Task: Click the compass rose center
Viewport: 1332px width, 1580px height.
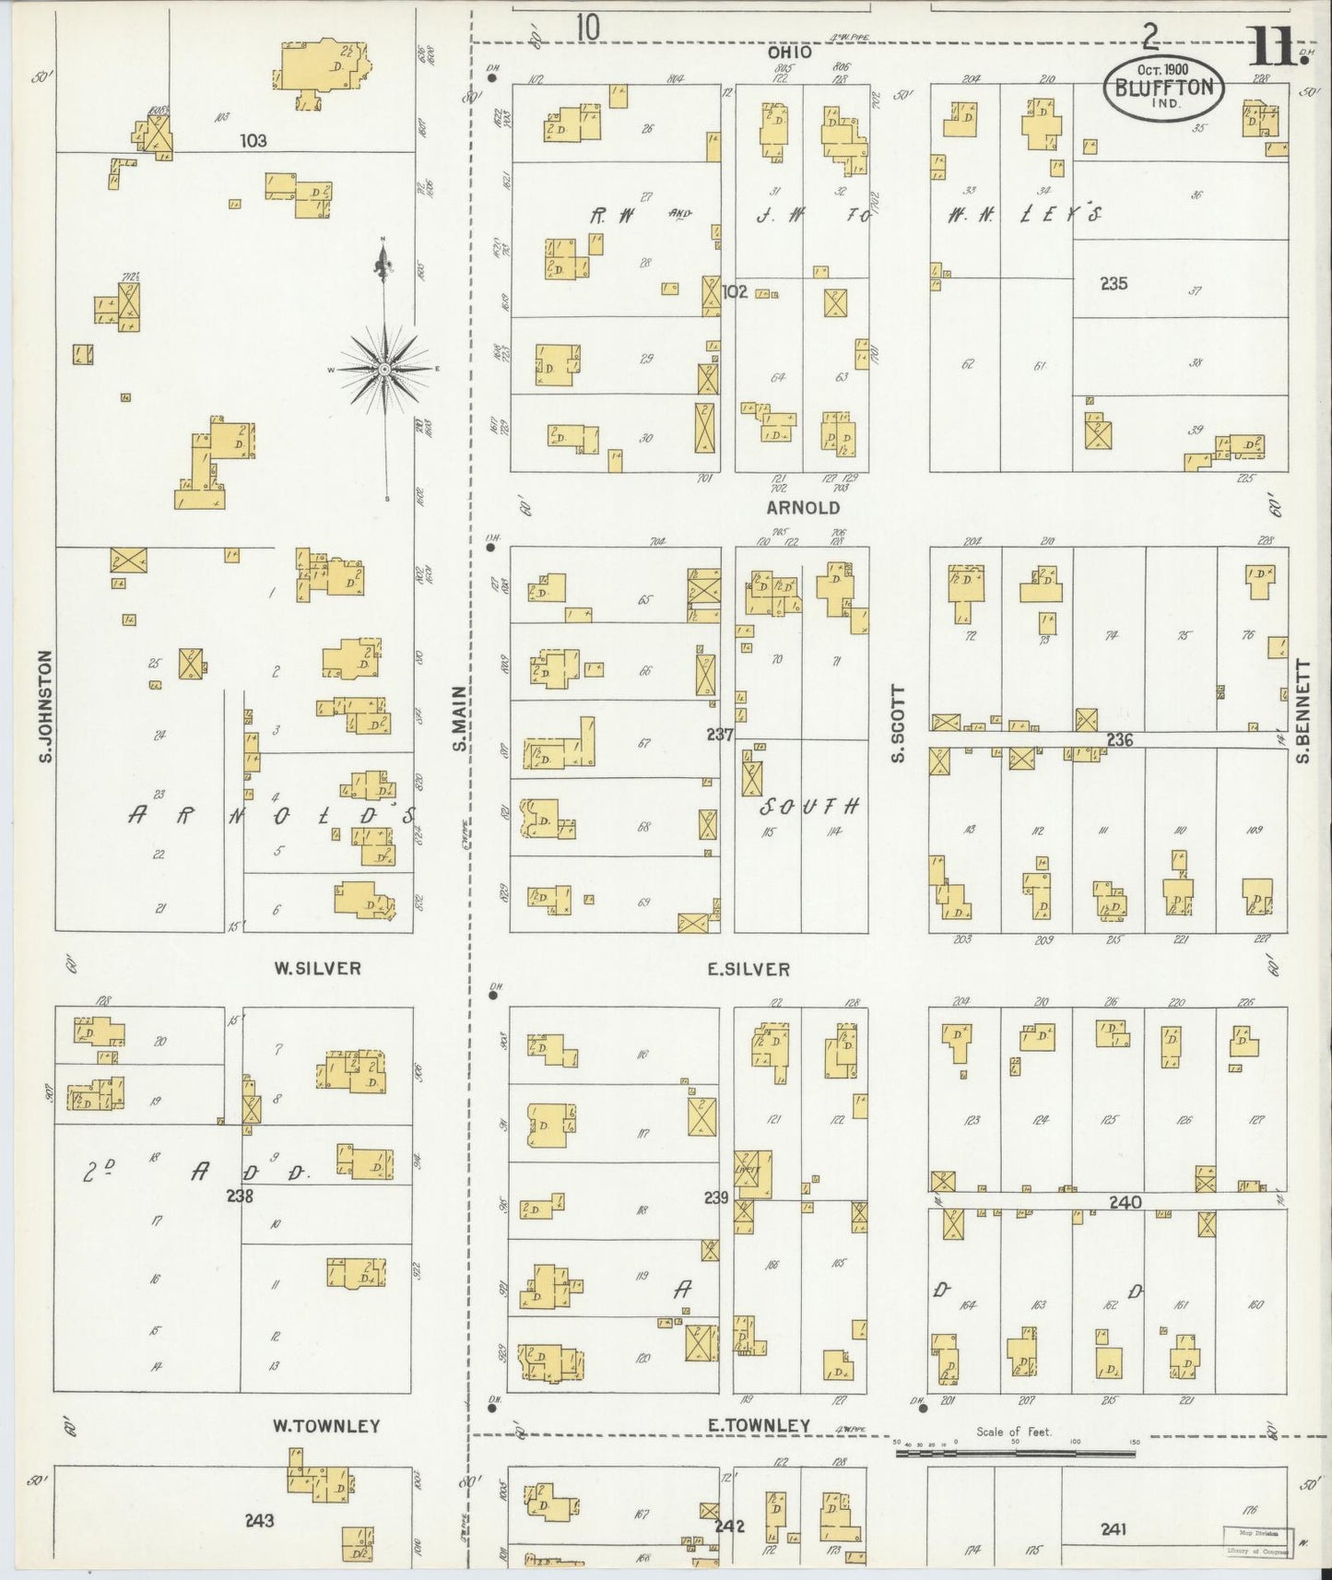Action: [383, 370]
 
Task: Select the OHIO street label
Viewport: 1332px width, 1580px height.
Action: [790, 53]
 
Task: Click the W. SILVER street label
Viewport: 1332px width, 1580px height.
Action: [316, 969]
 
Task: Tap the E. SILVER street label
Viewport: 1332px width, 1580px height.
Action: [749, 969]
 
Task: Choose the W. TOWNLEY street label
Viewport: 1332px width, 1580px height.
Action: [326, 1426]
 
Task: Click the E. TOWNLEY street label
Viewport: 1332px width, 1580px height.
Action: [759, 1425]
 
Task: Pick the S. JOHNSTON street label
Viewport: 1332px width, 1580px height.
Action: [44, 706]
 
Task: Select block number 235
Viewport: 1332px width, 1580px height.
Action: [1114, 284]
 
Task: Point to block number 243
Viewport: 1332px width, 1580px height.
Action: [259, 1520]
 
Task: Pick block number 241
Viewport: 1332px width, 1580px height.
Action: [1114, 1529]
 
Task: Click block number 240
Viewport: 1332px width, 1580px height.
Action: [1125, 1202]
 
